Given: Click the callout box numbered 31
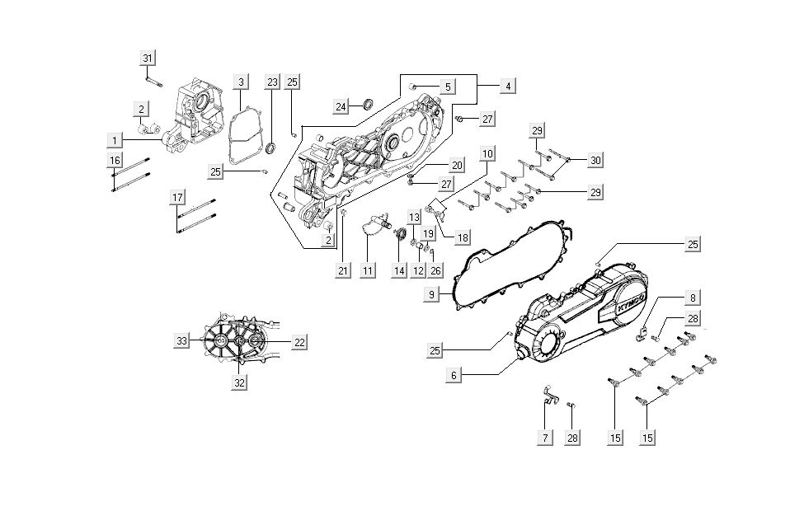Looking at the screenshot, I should (148, 58).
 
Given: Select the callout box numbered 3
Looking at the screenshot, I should (241, 82).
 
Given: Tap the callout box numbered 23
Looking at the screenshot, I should (272, 82).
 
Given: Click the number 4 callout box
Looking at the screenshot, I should (508, 86).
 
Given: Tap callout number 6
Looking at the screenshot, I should (454, 374).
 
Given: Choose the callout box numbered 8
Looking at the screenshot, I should (693, 298).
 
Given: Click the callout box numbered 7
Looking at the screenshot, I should (544, 438).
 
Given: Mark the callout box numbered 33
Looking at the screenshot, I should (182, 340).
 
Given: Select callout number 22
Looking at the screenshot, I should (299, 340).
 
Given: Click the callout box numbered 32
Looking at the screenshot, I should (239, 382).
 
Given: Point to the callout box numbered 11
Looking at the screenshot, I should (367, 270).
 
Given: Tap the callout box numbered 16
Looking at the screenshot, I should (115, 159).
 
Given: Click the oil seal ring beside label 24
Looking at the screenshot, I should (367, 103).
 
